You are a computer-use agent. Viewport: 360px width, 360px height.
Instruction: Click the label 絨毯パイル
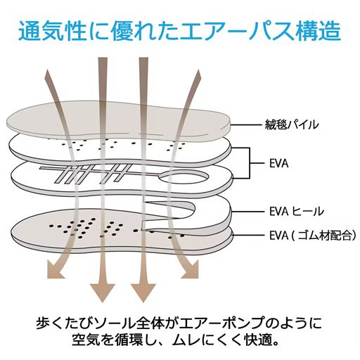coord(294,125)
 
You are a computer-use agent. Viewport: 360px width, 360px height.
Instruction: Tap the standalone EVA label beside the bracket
coord(279,164)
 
